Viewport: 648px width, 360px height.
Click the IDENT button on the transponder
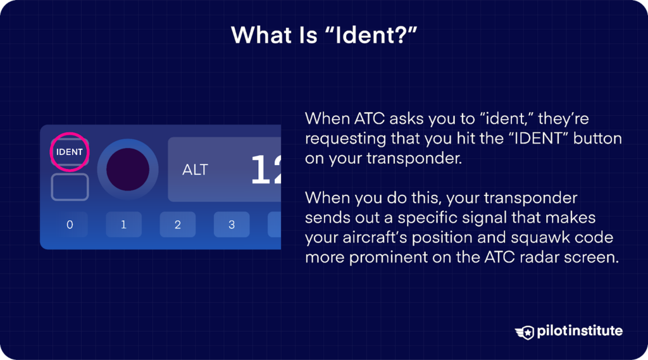[70, 152]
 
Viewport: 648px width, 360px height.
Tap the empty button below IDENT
[70, 187]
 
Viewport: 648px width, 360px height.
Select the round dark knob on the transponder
[128, 170]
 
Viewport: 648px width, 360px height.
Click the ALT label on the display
[195, 170]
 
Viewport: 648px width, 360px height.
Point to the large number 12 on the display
[266, 170]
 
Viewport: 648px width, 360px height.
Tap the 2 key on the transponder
[178, 225]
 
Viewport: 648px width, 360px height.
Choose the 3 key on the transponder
[232, 225]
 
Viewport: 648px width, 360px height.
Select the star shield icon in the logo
[525, 331]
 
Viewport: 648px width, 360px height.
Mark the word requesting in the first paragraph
[345, 139]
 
